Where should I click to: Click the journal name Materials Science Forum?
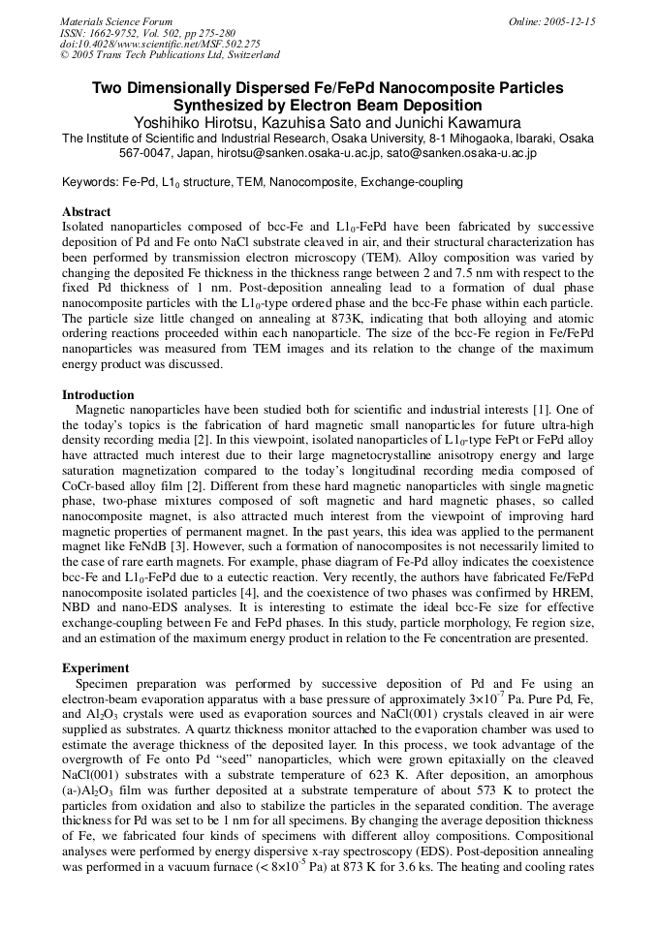[116, 21]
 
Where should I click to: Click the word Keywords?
[89, 182]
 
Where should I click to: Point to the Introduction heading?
[98, 395]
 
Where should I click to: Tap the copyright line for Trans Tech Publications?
[170, 55]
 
